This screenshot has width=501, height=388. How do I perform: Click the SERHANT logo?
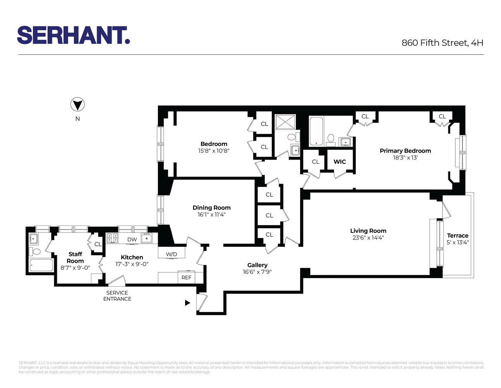tap(73, 35)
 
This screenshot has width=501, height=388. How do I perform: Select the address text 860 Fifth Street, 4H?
tap(442, 43)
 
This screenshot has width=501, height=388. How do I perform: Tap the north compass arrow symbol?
tap(77, 105)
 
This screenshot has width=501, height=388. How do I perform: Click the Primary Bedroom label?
tap(405, 151)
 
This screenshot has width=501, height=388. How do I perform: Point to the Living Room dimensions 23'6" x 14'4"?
tap(368, 238)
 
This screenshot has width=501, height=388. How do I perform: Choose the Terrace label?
tap(457, 236)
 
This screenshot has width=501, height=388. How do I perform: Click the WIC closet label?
tap(340, 162)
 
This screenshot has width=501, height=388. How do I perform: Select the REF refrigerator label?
tap(186, 277)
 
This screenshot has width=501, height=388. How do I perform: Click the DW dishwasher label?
tap(132, 239)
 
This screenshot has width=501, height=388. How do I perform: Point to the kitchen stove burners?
tap(112, 238)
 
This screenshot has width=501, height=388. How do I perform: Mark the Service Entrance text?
tap(117, 296)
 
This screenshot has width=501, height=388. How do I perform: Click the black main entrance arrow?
tap(187, 303)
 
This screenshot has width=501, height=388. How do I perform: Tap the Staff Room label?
tap(75, 258)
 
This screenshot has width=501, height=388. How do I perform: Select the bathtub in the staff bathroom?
tap(41, 266)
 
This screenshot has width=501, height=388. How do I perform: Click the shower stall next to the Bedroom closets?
tap(285, 122)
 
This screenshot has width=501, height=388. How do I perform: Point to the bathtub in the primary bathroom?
tap(316, 131)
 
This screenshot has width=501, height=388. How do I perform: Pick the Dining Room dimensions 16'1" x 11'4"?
tap(211, 215)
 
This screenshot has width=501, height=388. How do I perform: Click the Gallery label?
tap(257, 265)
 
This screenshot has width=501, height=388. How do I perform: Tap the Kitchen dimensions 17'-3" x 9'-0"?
tap(132, 264)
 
